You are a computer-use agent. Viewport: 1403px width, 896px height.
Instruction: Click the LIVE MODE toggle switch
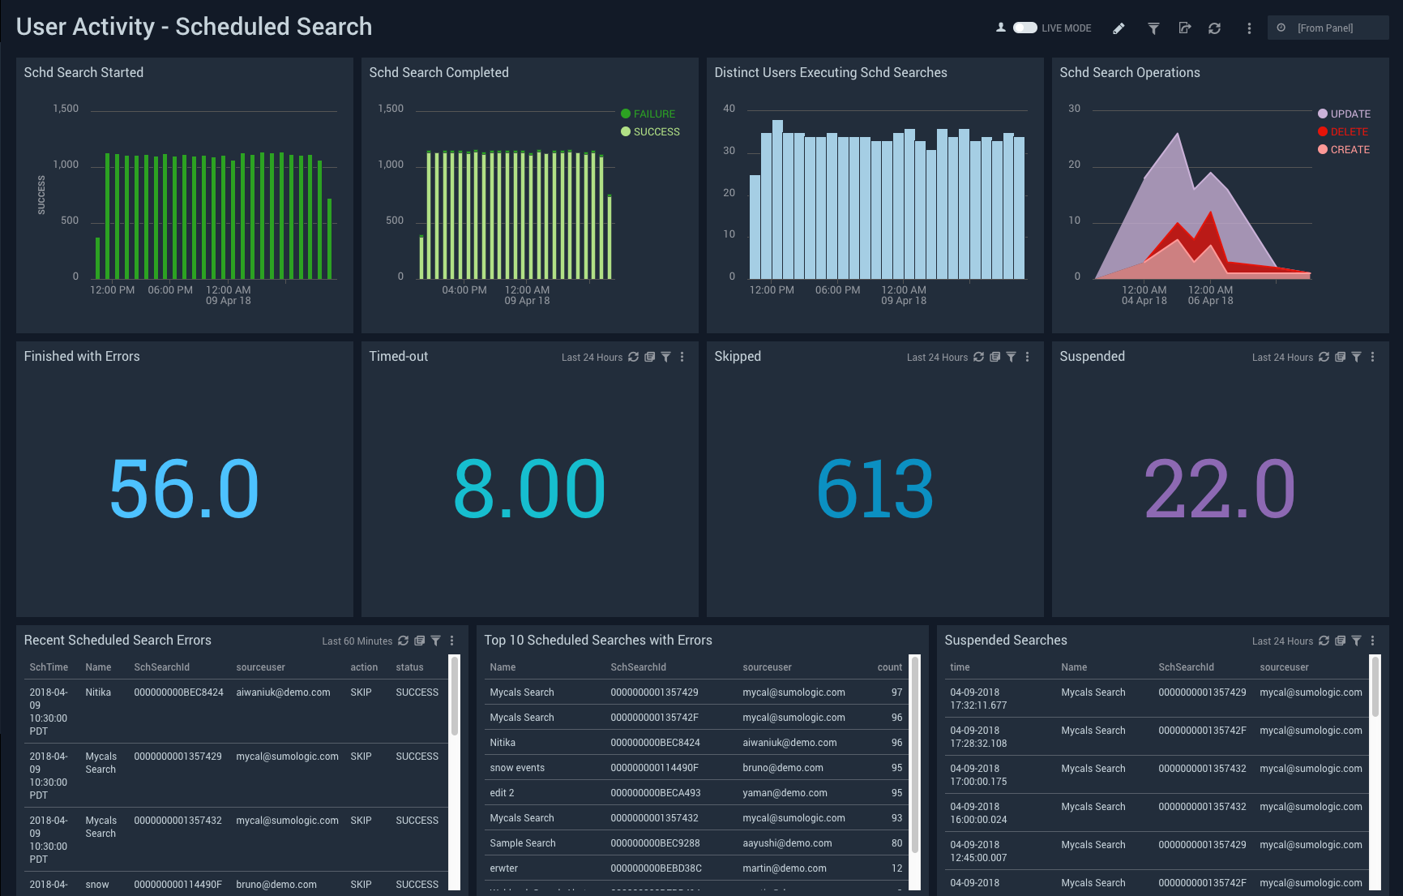pyautogui.click(x=1024, y=28)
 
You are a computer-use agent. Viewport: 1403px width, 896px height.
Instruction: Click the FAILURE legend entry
pyautogui.click(x=653, y=114)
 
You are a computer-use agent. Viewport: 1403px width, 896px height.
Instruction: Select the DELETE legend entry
pyautogui.click(x=1349, y=132)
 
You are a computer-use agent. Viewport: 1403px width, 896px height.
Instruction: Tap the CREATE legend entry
pyautogui.click(x=1350, y=150)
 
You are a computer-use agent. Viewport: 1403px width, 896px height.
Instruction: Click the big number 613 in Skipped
pyautogui.click(x=875, y=488)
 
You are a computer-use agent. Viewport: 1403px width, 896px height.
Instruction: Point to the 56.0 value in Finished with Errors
pyautogui.click(x=184, y=488)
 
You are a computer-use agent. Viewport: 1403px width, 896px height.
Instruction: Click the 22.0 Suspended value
pyautogui.click(x=1219, y=488)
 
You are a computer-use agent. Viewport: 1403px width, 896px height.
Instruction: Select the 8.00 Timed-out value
pyautogui.click(x=529, y=488)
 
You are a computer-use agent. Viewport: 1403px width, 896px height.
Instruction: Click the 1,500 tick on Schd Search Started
pyautogui.click(x=66, y=109)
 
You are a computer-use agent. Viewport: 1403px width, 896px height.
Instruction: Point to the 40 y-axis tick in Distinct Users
pyautogui.click(x=729, y=109)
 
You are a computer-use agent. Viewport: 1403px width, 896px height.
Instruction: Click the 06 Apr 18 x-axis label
pyautogui.click(x=1210, y=301)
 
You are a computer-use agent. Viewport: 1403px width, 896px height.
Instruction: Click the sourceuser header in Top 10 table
pyautogui.click(x=767, y=667)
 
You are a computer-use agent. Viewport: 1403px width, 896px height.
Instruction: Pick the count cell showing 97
pyautogui.click(x=896, y=692)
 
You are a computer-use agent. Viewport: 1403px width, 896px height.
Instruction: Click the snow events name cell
pyautogui.click(x=517, y=768)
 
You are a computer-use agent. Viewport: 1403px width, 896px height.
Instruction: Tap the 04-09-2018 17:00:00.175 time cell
pyautogui.click(x=978, y=775)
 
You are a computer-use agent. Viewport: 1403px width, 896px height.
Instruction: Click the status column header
pyautogui.click(x=409, y=667)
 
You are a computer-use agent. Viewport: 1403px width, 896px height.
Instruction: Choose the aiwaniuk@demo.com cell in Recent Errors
pyautogui.click(x=283, y=692)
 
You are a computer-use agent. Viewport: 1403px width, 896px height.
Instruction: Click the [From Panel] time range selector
pyautogui.click(x=1327, y=28)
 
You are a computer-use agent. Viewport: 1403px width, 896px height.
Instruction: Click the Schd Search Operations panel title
pyautogui.click(x=1129, y=73)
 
